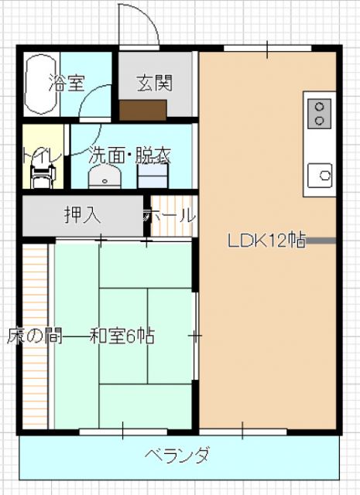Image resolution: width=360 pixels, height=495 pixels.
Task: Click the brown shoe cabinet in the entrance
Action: (139, 110)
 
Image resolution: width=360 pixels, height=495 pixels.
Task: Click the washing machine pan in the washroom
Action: (153, 177)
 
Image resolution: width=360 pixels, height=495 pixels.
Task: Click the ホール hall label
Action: (169, 215)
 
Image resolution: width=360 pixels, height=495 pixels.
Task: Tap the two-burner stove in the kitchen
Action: (317, 114)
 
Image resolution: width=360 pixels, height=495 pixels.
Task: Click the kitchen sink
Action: (318, 175)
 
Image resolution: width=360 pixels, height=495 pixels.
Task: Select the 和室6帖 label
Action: (122, 336)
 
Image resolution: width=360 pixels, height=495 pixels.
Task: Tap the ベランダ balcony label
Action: (177, 455)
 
